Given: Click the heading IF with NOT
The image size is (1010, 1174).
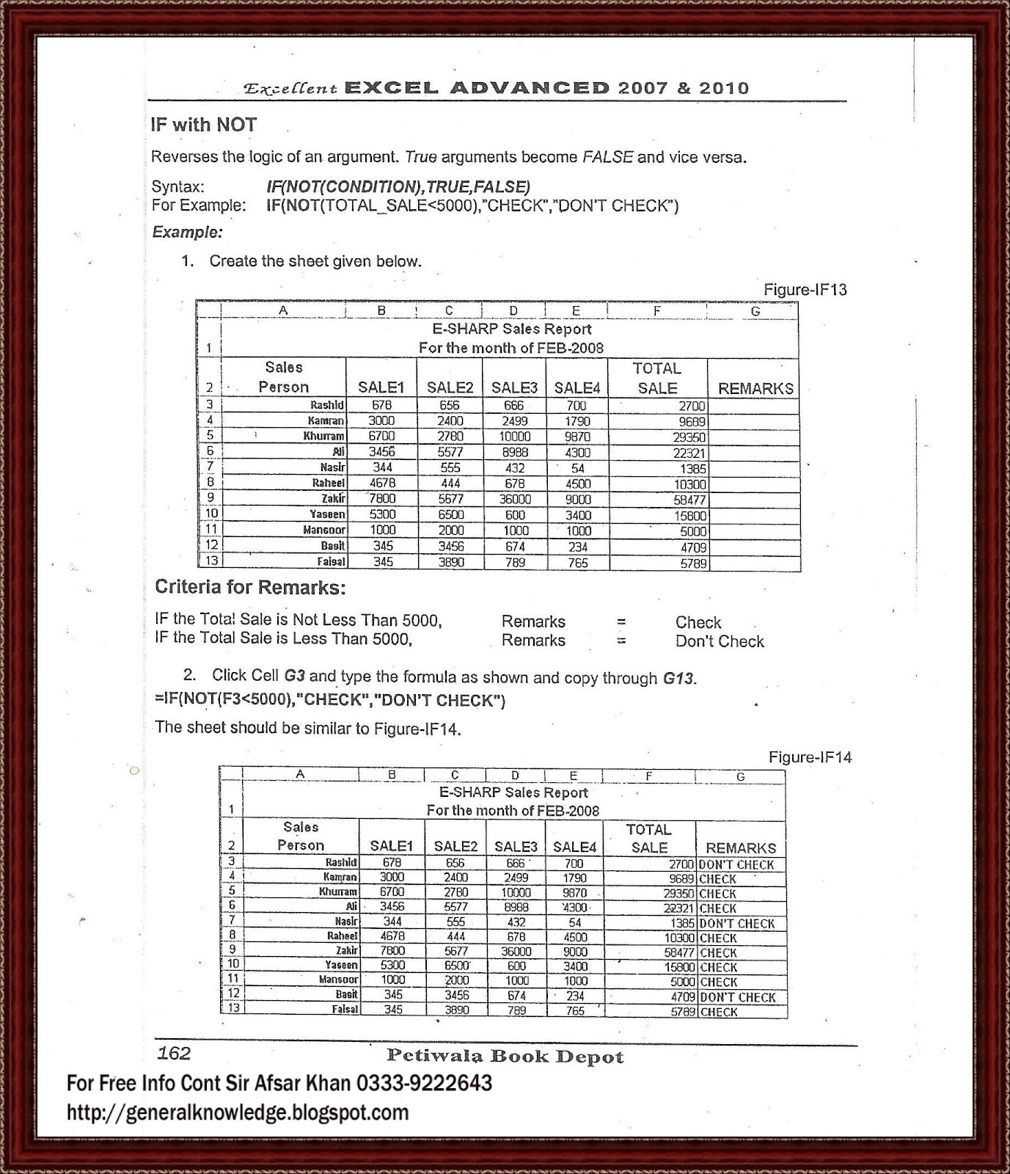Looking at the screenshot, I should point(203,125).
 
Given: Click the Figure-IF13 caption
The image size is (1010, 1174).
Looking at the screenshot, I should point(805,289).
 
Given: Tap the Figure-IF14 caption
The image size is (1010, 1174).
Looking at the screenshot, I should point(810,757).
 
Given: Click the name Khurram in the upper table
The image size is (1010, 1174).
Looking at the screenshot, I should point(323,436).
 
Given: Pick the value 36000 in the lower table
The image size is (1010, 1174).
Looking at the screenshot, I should point(516,951).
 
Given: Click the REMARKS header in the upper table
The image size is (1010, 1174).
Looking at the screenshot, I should point(755,388).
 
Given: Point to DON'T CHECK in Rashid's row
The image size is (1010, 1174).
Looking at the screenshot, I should point(736,864).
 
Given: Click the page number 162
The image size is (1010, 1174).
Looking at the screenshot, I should point(174,1054).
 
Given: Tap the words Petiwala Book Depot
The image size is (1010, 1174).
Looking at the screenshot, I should point(505,1057).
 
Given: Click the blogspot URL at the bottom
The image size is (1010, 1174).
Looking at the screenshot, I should point(238,1112).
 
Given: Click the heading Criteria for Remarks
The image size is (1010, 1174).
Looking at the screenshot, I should point(249,587).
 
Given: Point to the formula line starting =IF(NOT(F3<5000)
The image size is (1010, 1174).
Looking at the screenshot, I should point(330,700).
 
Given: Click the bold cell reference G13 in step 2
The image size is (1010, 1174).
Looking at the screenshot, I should point(678,678).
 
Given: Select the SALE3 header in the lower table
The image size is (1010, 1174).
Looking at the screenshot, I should point(516,846).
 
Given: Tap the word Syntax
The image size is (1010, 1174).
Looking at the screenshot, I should point(178,186).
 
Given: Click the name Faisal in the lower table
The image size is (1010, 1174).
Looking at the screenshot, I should point(345,1010).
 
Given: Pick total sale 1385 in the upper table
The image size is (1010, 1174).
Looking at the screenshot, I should point(692,468).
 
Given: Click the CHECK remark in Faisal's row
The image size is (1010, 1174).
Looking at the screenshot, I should point(718,1012).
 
